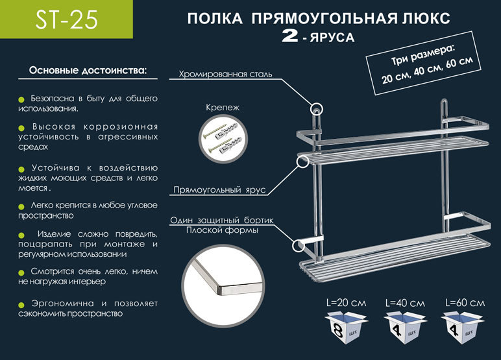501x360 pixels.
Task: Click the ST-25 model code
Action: point(66,20)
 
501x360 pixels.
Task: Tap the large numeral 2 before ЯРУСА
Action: point(290,36)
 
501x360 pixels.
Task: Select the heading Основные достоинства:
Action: point(88,70)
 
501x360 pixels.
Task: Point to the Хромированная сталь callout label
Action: point(225,74)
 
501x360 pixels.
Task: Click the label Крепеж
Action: point(223,108)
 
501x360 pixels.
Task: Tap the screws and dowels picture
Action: point(223,139)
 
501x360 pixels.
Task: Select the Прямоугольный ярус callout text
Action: point(219,190)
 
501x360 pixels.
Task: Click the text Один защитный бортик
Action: point(222,220)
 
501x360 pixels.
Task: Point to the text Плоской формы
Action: point(222,230)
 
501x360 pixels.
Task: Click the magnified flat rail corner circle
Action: point(223,285)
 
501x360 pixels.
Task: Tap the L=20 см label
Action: point(347,303)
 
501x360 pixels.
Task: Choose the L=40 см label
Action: point(405,303)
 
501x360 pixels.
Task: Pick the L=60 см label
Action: point(465,303)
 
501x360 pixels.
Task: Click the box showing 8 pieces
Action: point(347,328)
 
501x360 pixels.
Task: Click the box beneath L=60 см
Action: point(462,328)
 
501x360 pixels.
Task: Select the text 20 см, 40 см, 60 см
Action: point(427,70)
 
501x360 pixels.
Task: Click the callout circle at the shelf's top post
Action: point(316,109)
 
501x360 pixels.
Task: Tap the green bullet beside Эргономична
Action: point(21,305)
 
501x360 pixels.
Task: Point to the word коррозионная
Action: point(121,127)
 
